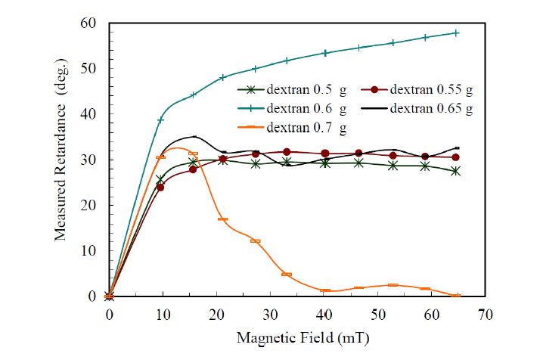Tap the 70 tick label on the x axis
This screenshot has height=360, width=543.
[x=485, y=312]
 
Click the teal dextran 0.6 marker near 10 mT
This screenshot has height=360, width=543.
[x=160, y=120]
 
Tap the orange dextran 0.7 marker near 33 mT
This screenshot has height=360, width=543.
[x=287, y=274]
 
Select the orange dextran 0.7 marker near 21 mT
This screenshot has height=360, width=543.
[x=223, y=219]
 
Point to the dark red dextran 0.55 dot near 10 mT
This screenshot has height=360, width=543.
[x=160, y=187]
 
